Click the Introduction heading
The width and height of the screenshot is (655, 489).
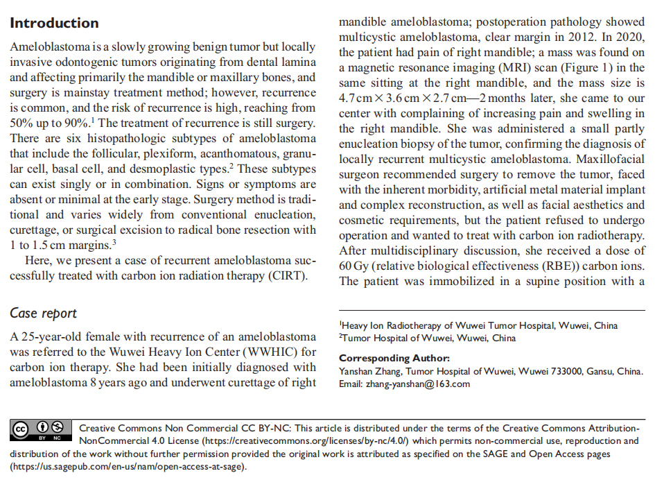point(54,23)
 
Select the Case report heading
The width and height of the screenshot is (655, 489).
point(43,314)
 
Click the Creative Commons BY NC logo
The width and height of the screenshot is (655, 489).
point(41,430)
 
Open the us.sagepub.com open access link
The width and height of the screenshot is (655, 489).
point(128,466)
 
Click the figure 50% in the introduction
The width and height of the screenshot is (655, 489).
point(21,123)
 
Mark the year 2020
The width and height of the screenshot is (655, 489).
point(629,37)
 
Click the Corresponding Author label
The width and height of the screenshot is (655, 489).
point(394,359)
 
